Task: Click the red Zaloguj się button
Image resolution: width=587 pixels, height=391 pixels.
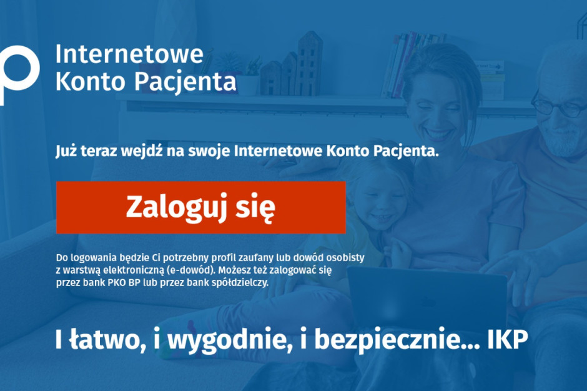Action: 201,207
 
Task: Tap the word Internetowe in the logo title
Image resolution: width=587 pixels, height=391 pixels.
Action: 129,54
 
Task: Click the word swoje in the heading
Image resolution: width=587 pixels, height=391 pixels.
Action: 209,152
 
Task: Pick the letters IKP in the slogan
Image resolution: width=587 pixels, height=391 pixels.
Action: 507,339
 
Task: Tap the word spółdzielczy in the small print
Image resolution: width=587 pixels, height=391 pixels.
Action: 240,283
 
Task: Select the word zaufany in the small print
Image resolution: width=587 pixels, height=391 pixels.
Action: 256,258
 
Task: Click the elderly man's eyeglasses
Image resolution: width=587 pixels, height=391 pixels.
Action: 559,107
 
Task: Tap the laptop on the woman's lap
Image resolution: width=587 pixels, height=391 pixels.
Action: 427,297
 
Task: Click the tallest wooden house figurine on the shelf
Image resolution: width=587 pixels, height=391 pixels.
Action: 310,63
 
